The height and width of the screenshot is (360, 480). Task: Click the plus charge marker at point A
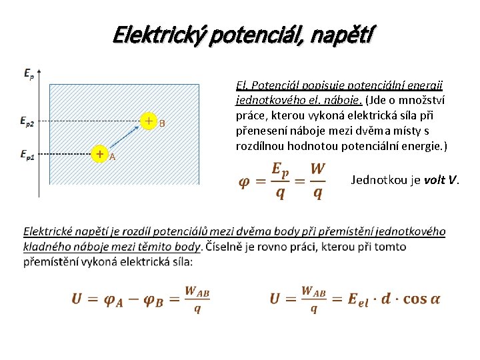[x=99, y=154]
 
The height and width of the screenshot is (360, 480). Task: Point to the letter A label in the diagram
[x=112, y=157]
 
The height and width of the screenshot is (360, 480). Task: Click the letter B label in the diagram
[x=162, y=123]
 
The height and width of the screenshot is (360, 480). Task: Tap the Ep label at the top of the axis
[x=29, y=73]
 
